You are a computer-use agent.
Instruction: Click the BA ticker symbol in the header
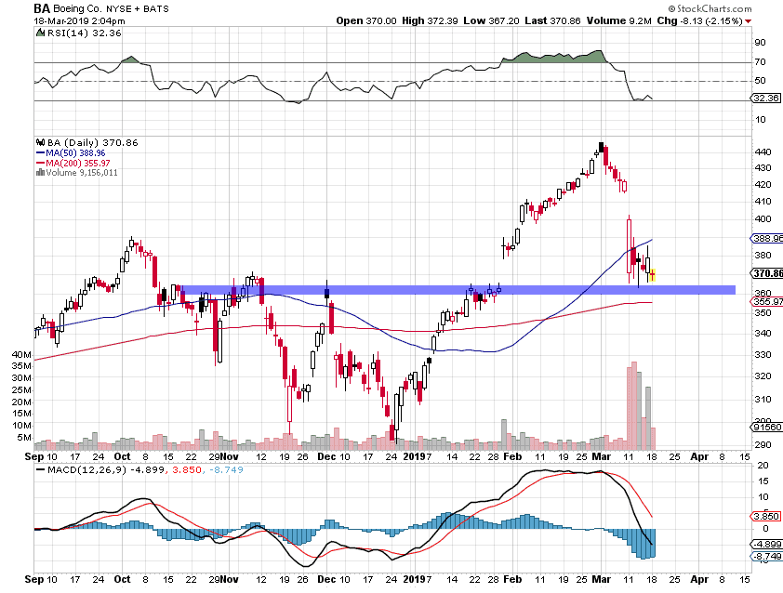(x=42, y=8)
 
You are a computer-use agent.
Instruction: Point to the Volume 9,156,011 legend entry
(x=83, y=171)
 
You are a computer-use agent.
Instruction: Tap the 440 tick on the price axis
(x=762, y=151)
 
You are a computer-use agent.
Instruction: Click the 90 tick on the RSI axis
(x=760, y=43)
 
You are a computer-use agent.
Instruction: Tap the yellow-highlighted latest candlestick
(x=653, y=274)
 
